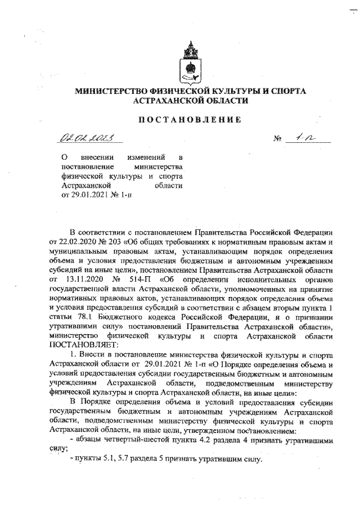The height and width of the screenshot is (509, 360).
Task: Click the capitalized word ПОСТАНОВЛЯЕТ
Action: click(84, 344)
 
